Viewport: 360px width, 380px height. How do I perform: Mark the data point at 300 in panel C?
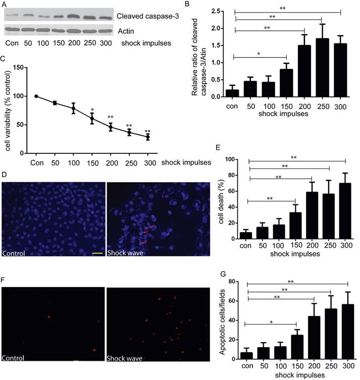pos(148,137)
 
